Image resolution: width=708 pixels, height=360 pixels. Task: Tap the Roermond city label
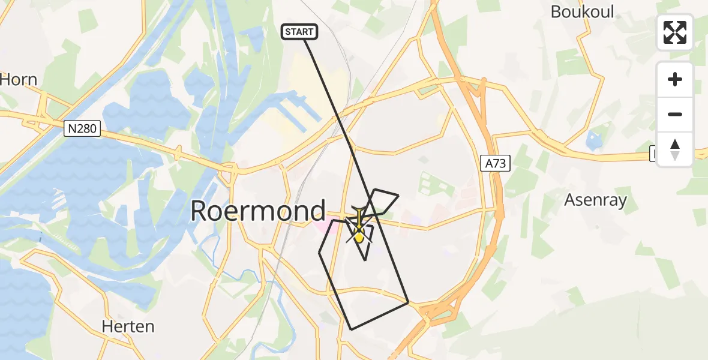258,211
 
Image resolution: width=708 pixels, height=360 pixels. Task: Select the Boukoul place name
582,11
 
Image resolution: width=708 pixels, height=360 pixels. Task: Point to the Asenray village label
595,199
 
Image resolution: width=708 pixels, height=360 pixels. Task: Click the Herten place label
128,326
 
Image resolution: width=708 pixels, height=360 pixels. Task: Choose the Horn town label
19,79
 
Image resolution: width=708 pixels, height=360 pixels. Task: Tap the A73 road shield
495,163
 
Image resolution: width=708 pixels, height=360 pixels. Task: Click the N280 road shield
82,128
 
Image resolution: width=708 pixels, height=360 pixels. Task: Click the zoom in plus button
675,79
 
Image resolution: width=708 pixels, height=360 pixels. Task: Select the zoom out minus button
675,114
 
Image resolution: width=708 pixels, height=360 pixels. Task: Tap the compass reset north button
675,149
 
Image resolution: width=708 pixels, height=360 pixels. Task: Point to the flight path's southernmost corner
352,329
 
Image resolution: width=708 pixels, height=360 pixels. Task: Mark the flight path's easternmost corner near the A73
408,303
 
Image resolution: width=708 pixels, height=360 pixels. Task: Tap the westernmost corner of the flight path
319,253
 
